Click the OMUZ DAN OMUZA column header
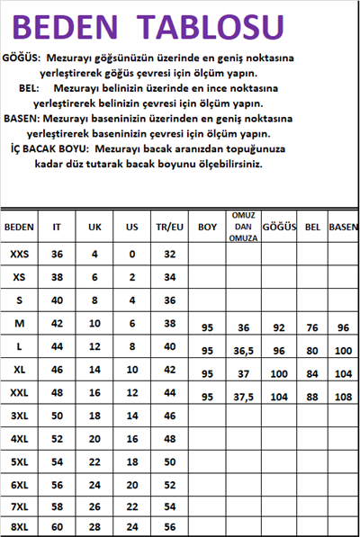click(243, 227)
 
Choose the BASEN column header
click(343, 227)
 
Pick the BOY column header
click(208, 227)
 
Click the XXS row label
click(19, 255)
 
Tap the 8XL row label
click(19, 526)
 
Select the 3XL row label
click(19, 415)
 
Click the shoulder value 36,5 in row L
click(243, 350)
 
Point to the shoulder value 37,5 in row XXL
click(243, 397)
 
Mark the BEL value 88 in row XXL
click(312, 397)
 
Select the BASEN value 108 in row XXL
click(343, 397)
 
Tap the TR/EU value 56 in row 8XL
click(168, 526)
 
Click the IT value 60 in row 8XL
click(58, 526)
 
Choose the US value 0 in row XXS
click(131, 255)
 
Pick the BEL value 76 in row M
click(312, 328)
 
